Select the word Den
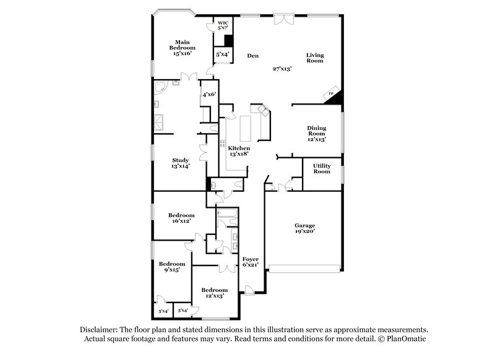[252, 56]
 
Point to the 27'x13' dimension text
[282, 68]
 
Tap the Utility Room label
[322, 168]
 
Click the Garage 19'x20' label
[304, 228]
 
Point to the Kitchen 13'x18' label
[239, 152]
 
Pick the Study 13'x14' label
[180, 163]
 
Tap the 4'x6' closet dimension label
[209, 95]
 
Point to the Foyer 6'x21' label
[250, 262]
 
